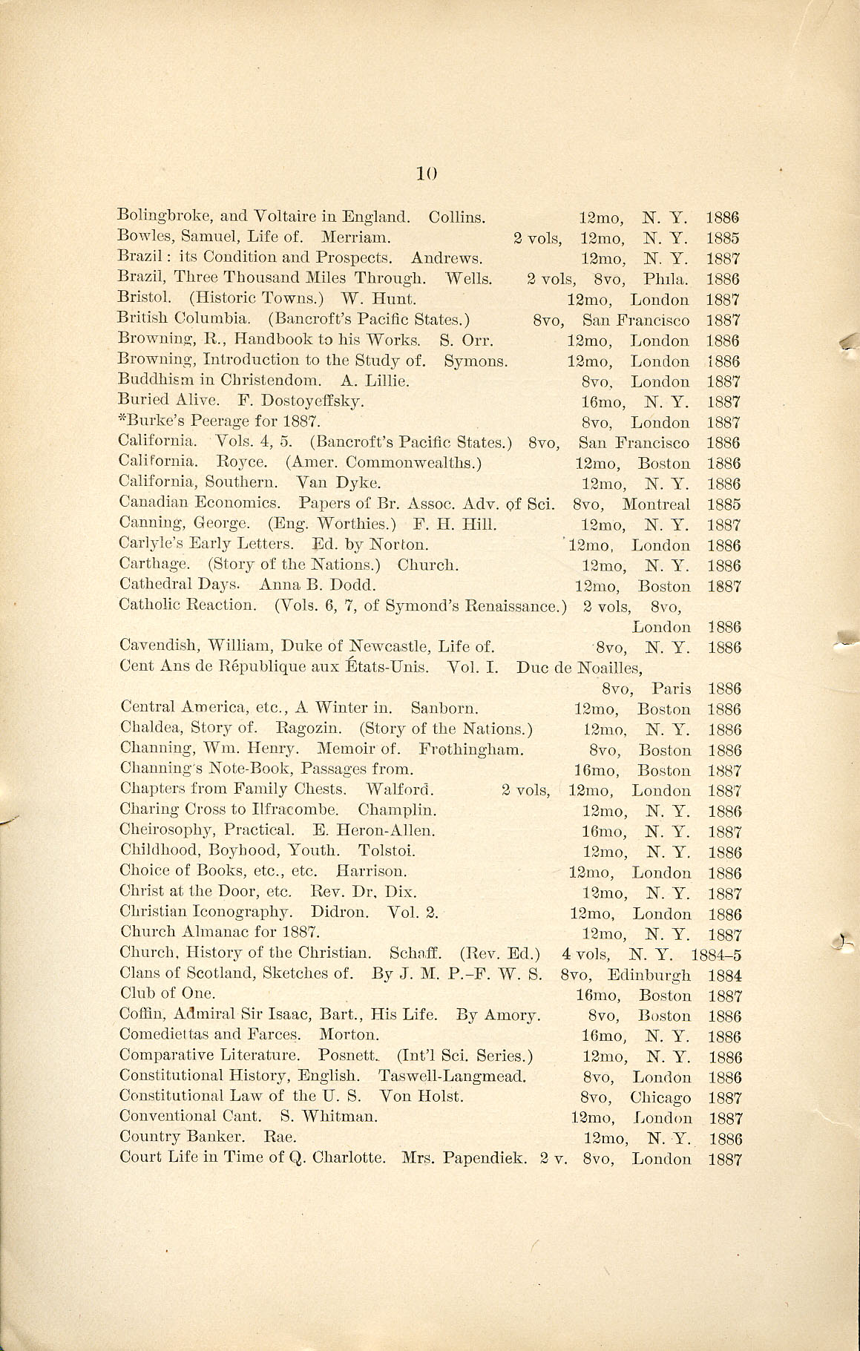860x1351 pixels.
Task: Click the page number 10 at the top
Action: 426,174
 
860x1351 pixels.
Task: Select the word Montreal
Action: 655,504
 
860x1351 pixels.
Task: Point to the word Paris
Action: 671,688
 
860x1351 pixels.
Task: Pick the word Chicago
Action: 660,1097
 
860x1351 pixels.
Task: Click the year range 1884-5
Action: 716,954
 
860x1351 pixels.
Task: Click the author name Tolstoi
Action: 387,851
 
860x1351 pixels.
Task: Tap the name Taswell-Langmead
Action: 452,1076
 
